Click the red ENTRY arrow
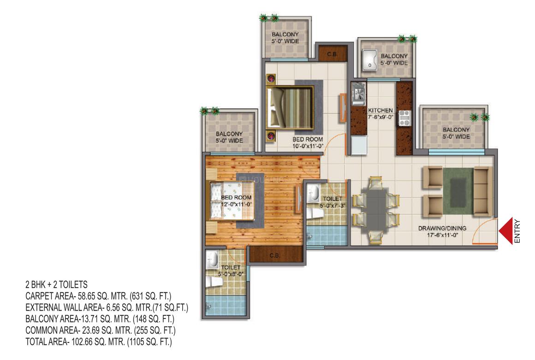tap(506, 231)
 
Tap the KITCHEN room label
tap(380, 111)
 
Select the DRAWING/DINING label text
tap(442, 228)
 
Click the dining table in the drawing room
tap(376, 210)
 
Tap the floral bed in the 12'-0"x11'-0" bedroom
tap(232, 201)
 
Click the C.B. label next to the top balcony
tap(332, 54)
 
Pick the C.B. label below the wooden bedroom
tap(275, 255)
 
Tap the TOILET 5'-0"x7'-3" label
tap(333, 202)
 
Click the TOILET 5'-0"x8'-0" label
tap(231, 271)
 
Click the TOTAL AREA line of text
tap(99, 342)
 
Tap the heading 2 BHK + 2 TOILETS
tap(56, 284)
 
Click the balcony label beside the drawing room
tap(456, 133)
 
